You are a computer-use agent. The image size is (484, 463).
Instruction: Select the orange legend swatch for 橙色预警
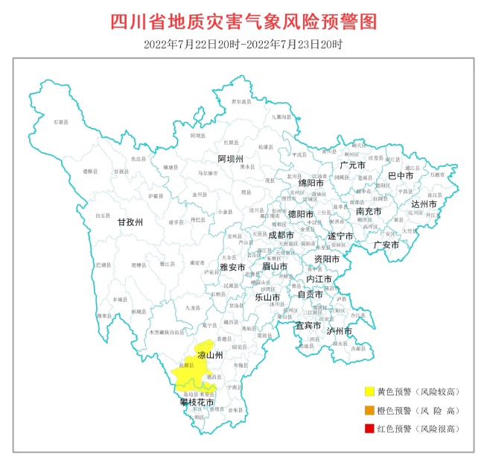click(x=369, y=410)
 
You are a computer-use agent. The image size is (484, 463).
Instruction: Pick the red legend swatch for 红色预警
click(x=369, y=428)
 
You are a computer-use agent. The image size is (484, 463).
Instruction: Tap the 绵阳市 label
click(x=311, y=183)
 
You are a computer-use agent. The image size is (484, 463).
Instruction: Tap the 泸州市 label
click(x=338, y=330)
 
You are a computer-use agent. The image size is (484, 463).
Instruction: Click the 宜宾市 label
click(x=308, y=325)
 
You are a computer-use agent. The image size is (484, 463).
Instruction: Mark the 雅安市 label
click(x=232, y=267)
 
